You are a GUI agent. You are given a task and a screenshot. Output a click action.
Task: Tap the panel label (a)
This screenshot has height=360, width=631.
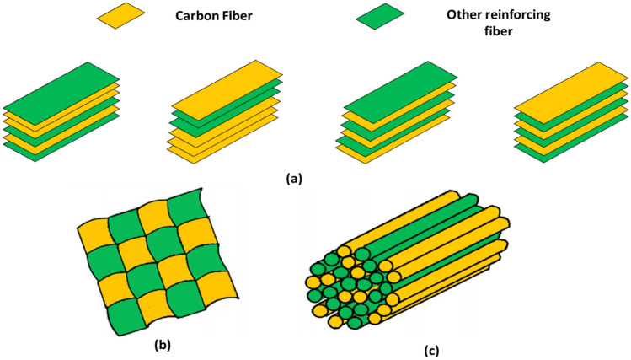pyautogui.click(x=293, y=178)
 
